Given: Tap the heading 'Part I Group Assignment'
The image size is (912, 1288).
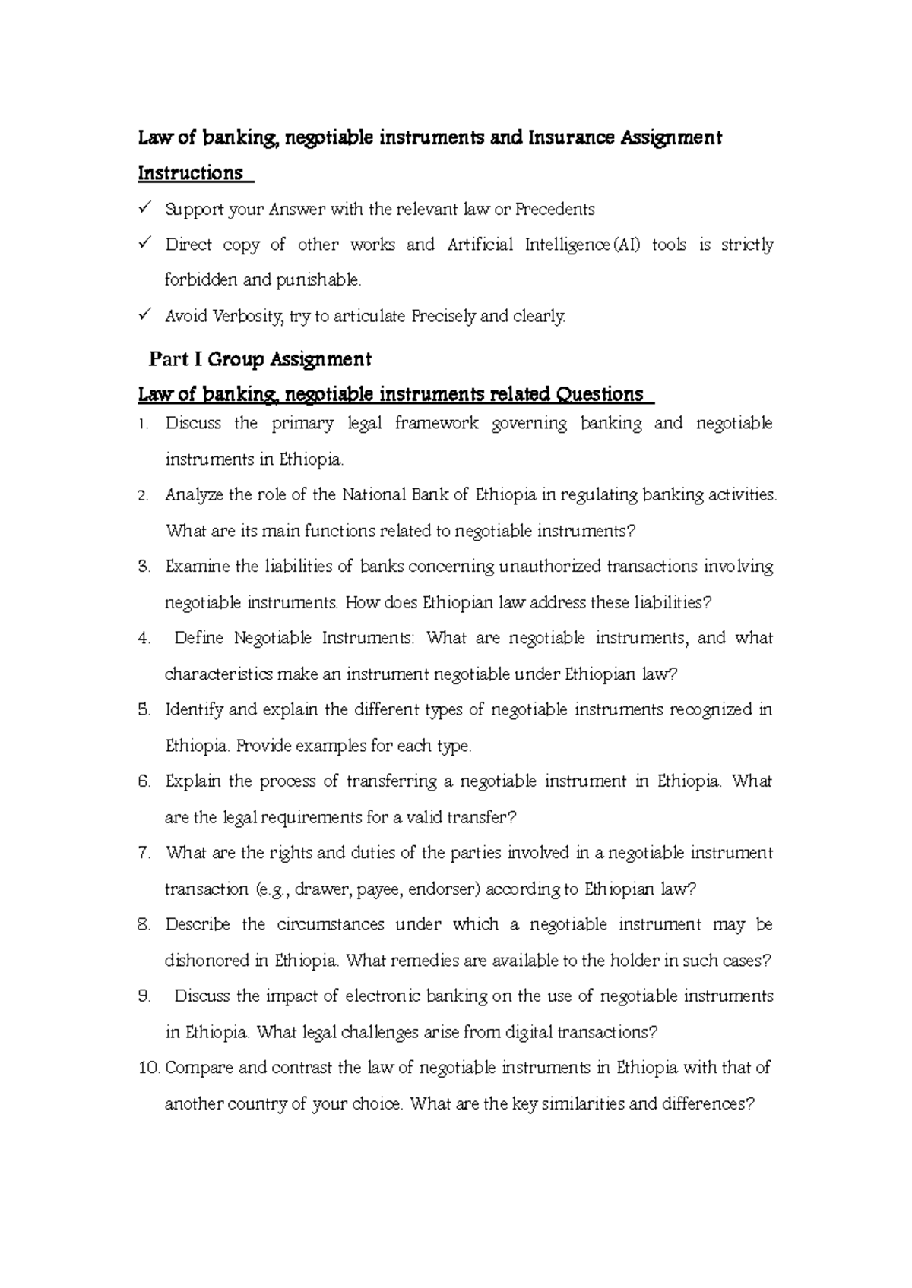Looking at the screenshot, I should click(x=260, y=358).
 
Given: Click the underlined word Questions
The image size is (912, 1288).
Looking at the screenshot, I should click(x=600, y=395).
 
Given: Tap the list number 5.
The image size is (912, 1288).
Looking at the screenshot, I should click(x=144, y=710).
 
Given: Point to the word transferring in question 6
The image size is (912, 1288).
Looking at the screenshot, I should click(x=391, y=781).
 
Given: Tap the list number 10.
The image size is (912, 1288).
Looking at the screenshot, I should click(x=149, y=1069).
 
